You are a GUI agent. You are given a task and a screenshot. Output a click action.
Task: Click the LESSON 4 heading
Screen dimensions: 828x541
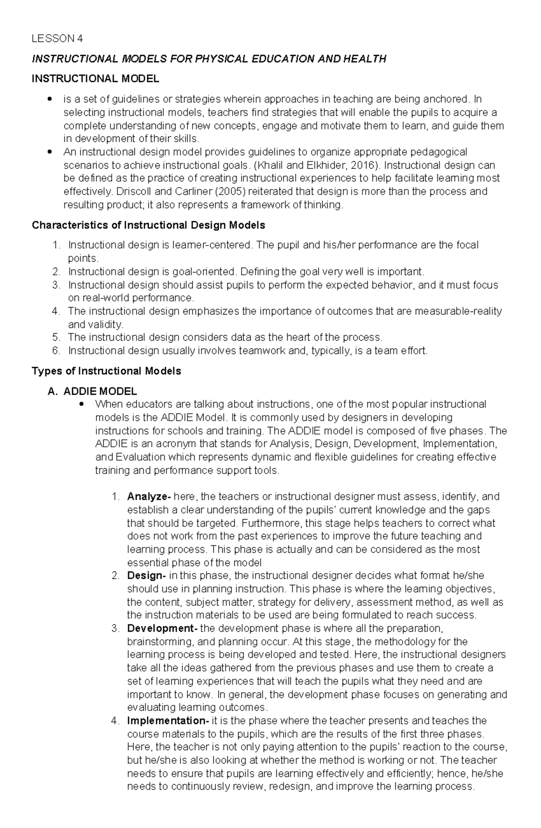tap(57, 38)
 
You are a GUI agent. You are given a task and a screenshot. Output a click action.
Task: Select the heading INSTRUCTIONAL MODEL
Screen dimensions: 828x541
tap(95, 79)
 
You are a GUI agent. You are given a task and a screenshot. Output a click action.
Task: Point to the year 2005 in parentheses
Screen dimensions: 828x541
tap(231, 192)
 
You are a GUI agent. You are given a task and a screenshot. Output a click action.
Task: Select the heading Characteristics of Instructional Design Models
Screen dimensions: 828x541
tap(148, 225)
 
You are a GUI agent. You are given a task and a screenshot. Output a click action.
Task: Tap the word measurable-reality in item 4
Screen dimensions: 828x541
tap(458, 311)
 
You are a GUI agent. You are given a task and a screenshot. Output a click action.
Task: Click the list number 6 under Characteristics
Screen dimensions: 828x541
tap(55, 351)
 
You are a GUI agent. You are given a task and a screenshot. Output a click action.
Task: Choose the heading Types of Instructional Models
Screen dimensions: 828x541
tap(106, 371)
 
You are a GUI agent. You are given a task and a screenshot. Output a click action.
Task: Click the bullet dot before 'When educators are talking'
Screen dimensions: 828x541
tap(81, 404)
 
